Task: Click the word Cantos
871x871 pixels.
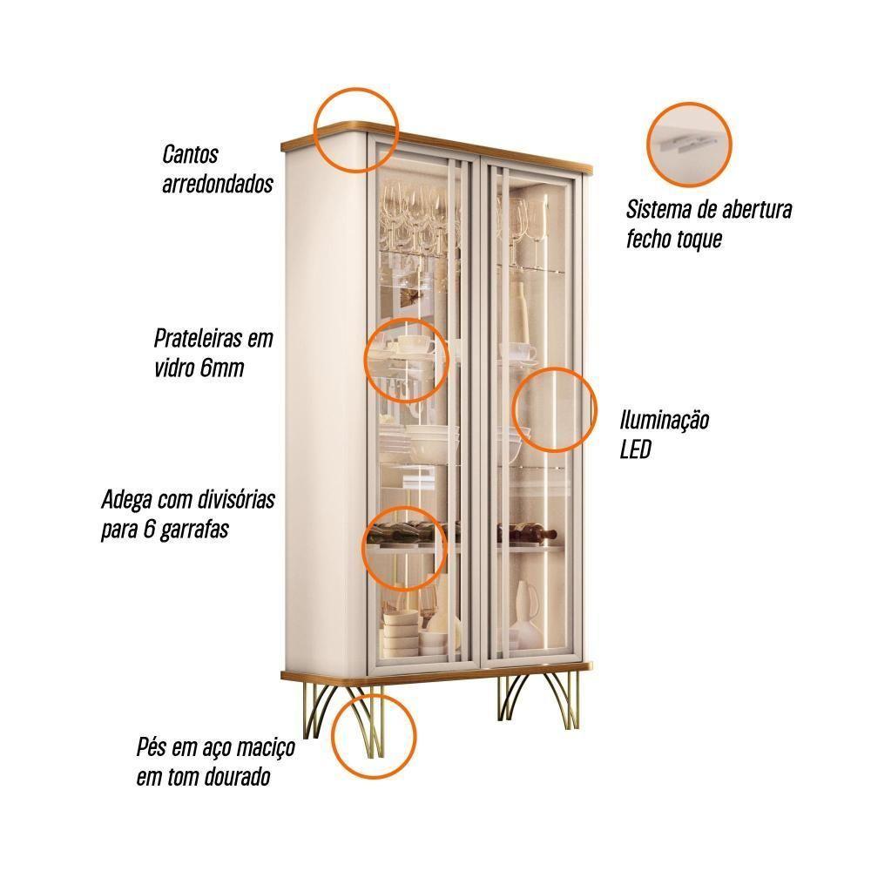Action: [x=190, y=154]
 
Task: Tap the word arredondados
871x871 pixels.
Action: [x=217, y=184]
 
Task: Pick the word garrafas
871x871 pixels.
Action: [x=194, y=530]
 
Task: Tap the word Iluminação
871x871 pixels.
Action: [x=665, y=420]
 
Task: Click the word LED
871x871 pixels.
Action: [x=635, y=449]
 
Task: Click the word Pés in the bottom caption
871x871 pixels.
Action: [x=151, y=747]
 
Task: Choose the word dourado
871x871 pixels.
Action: [x=237, y=777]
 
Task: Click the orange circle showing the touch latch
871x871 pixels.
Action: [x=689, y=145]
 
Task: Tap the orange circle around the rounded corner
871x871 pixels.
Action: [x=356, y=130]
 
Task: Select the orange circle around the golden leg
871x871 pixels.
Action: [x=374, y=737]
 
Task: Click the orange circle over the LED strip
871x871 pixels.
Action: [x=554, y=408]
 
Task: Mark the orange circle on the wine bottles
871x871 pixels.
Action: [x=406, y=548]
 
